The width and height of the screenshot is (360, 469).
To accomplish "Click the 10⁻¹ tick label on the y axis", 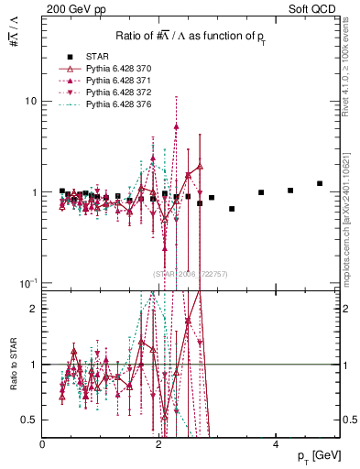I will point(29,282).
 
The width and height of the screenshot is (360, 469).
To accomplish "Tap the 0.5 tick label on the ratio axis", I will point(31,420).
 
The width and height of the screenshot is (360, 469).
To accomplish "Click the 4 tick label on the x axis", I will point(276,444).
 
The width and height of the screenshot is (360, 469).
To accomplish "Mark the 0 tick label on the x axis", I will point(43,444).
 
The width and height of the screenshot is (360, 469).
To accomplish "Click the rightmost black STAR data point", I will point(320,183).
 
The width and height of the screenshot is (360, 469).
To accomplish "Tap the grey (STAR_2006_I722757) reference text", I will point(191,273).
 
